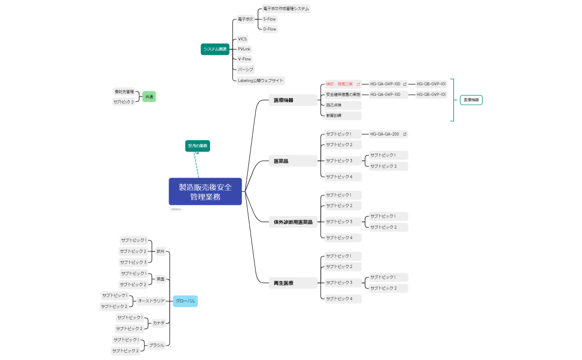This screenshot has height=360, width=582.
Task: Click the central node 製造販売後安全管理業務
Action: coord(205,191)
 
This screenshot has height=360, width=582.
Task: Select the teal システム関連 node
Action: coord(215,49)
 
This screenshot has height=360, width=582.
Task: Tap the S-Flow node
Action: coord(269,19)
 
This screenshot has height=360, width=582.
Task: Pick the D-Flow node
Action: coord(269,29)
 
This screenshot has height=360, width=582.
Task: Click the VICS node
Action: coord(242,39)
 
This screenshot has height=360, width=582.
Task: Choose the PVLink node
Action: coord(244,49)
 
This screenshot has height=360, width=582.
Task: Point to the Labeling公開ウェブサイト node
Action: coord(260,80)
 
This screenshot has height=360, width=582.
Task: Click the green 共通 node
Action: coord(149,97)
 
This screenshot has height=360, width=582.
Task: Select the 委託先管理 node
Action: coord(124,91)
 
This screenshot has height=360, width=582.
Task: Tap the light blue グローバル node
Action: coord(185,301)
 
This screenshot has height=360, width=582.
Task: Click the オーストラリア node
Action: coord(151,301)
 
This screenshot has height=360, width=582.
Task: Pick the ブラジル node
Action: coord(156,345)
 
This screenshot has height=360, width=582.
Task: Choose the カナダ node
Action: coord(159,323)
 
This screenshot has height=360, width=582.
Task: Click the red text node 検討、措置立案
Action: coord(339,84)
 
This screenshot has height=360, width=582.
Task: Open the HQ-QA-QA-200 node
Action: coord(385,134)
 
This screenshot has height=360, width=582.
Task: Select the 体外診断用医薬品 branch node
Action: coord(293,222)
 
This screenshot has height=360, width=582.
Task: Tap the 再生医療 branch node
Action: coord(284,283)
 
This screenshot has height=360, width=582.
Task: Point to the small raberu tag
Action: coord(176,209)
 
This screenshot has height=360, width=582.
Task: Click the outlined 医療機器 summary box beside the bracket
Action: coord(471,100)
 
